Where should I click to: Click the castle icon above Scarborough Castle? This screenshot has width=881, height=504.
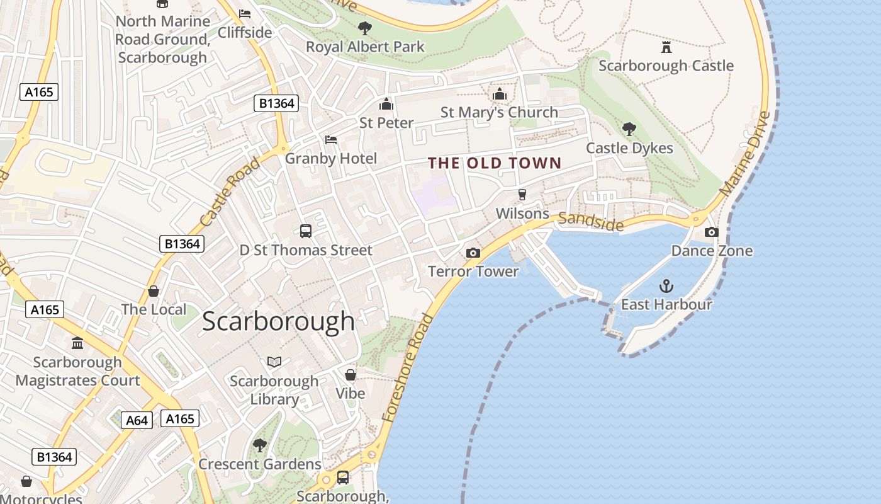tap(666, 47)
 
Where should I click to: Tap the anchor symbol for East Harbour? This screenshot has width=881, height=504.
tap(666, 287)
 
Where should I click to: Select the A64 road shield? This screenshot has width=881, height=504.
tap(137, 420)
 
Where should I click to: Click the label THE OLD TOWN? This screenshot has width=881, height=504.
tap(495, 163)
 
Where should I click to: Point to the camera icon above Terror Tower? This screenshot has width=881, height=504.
tap(473, 253)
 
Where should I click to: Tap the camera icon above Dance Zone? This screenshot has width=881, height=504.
tap(712, 232)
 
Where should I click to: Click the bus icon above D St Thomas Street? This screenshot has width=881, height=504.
tap(306, 231)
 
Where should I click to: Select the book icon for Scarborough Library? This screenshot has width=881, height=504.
tap(274, 362)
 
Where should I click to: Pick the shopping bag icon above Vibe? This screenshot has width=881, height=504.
tap(351, 375)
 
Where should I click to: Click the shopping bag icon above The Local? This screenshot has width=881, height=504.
tap(154, 291)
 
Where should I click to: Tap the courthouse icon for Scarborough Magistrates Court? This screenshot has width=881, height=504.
tap(77, 343)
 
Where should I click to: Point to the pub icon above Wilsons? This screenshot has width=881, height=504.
tap(522, 195)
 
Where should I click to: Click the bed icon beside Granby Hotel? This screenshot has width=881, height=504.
tap(331, 139)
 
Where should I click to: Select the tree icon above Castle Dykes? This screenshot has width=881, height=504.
tap(629, 129)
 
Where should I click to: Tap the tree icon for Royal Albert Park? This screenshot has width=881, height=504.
tap(364, 28)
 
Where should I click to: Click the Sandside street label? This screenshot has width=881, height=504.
tap(591, 220)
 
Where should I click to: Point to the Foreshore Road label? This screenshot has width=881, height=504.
tap(409, 367)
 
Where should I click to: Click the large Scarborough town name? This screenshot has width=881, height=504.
tap(278, 321)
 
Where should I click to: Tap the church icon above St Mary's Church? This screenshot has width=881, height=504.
tap(500, 94)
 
